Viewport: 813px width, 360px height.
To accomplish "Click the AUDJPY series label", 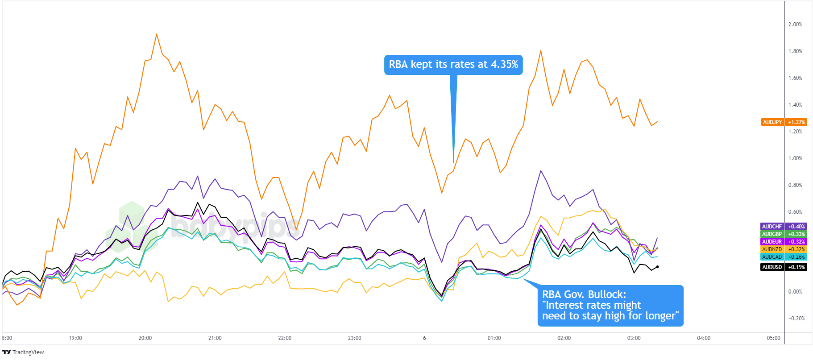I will tap(772, 122).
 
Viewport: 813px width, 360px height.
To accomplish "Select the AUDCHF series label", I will tap(772, 227).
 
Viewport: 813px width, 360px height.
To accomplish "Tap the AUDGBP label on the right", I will tap(772, 234).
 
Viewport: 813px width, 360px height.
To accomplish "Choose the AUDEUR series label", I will tap(772, 242).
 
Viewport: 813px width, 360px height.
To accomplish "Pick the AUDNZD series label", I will tap(772, 249).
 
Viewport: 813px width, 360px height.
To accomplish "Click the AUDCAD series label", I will tap(772, 257).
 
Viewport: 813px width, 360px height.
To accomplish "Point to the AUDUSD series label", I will tap(772, 267).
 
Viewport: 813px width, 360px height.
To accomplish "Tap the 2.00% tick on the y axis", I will tap(795, 25).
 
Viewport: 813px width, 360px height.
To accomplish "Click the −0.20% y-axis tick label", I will tap(796, 319).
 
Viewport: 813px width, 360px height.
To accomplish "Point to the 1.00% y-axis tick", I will tap(795, 158).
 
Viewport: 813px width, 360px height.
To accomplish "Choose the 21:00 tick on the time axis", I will tap(215, 338).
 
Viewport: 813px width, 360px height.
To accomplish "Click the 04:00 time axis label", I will tap(704, 338).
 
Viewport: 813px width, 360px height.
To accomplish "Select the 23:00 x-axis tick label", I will tap(355, 338).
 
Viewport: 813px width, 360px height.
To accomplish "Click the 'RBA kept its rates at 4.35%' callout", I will tap(453, 65).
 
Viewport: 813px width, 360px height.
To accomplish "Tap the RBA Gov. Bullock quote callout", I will tap(610, 306).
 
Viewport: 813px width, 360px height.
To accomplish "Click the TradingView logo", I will tap(23, 352).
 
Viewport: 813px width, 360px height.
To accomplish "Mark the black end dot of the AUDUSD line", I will tap(657, 267).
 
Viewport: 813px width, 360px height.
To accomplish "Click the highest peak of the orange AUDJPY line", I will tap(157, 34).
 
